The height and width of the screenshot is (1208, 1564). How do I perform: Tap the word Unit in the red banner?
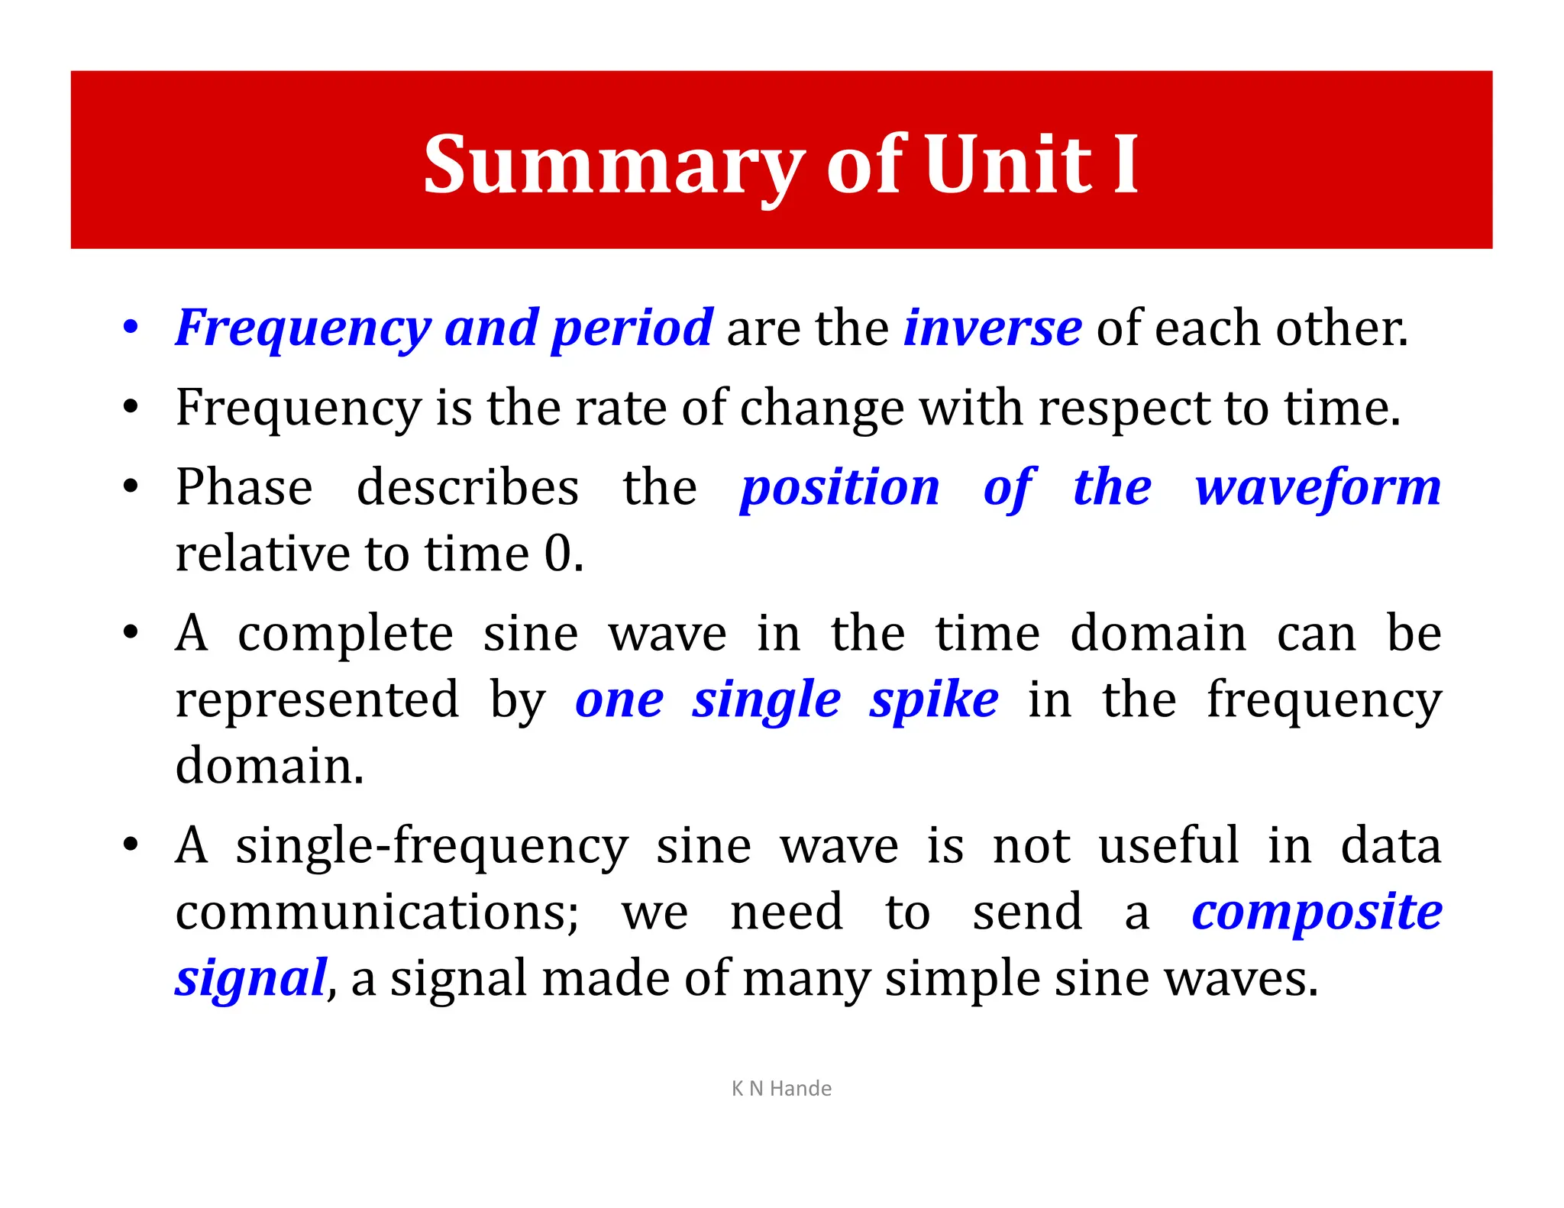pyautogui.click(x=1009, y=164)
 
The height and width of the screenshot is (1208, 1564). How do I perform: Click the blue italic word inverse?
pyautogui.click(x=992, y=328)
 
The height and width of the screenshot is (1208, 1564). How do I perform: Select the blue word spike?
pyautogui.click(x=933, y=700)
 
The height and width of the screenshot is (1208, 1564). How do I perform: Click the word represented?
pyautogui.click(x=317, y=700)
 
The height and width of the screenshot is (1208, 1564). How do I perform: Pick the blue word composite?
pyautogui.click(x=1317, y=912)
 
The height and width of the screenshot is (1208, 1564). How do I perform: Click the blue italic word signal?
pyautogui.click(x=251, y=980)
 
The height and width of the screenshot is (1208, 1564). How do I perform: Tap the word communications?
pyautogui.click(x=377, y=912)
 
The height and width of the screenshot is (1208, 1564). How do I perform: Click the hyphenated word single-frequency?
pyautogui.click(x=431, y=847)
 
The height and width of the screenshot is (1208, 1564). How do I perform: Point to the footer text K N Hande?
pyautogui.click(x=781, y=1088)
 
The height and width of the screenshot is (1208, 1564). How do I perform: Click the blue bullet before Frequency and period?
pyautogui.click(x=131, y=328)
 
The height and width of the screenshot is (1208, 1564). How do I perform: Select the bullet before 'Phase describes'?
pyautogui.click(x=131, y=487)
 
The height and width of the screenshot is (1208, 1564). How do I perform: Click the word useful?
pyautogui.click(x=1168, y=845)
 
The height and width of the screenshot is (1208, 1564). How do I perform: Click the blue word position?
pyautogui.click(x=839, y=489)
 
